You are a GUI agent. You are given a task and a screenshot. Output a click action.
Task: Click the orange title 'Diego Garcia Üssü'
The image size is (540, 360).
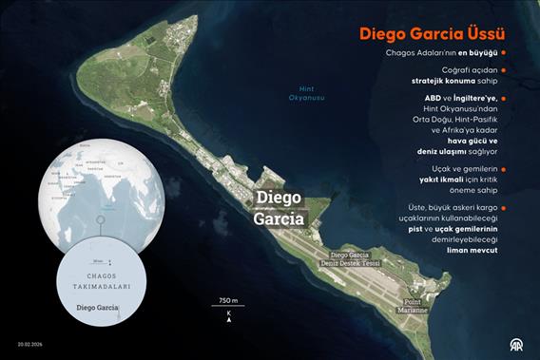coord(431,34)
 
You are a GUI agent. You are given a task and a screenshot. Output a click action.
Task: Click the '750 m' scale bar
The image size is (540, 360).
coord(227,302)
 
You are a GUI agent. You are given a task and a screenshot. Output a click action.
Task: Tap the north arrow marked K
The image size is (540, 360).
coord(228,319)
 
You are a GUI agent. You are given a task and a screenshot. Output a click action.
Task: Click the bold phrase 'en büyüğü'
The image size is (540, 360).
coord(474,53)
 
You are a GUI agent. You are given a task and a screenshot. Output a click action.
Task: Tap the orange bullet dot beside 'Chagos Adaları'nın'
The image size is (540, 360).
coord(503,53)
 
